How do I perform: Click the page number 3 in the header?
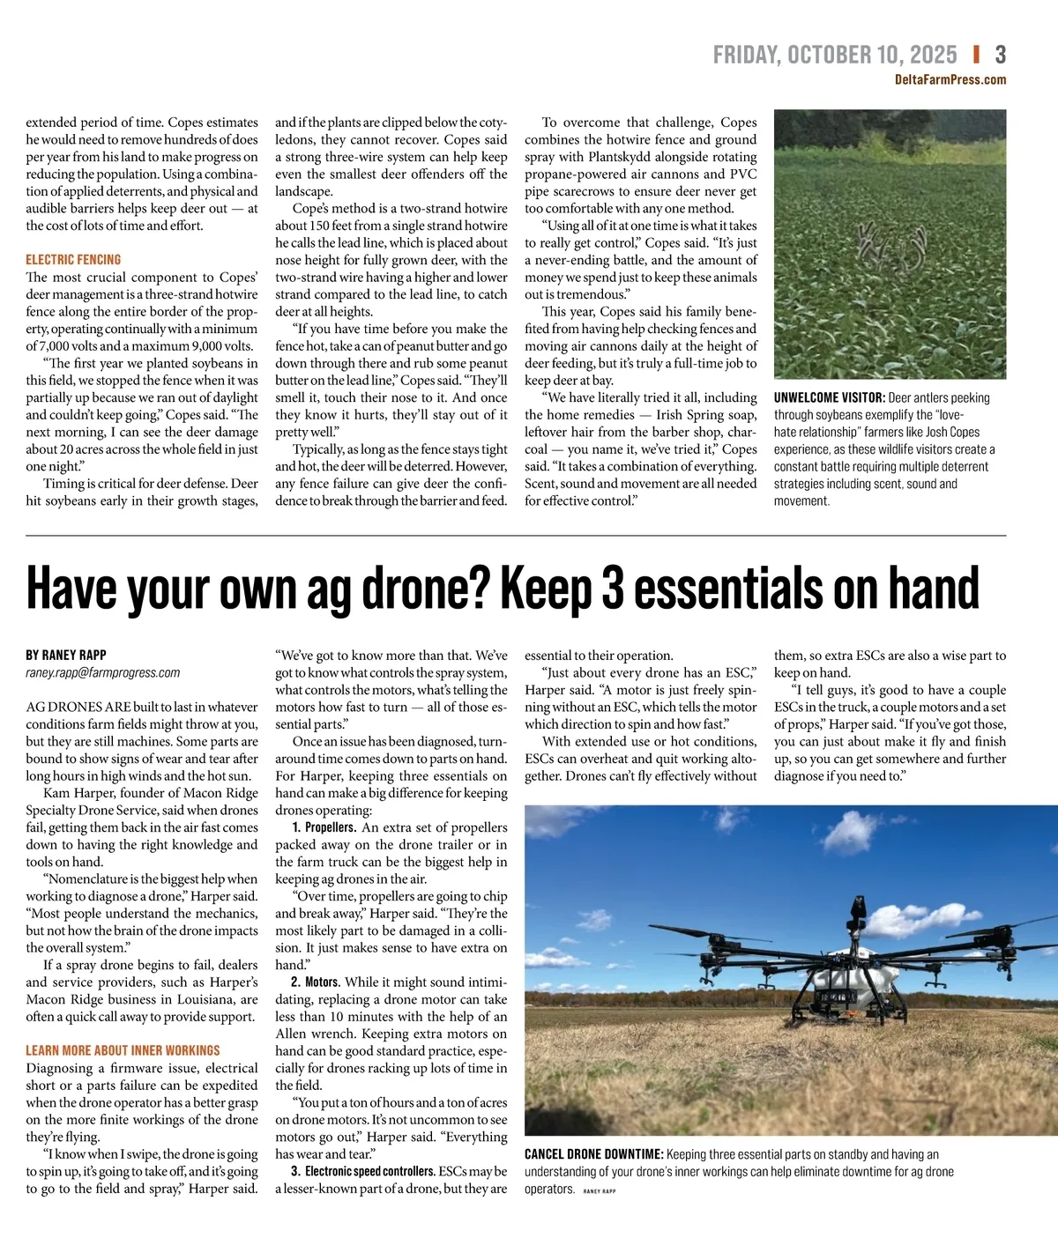[1000, 56]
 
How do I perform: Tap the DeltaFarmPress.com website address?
[950, 80]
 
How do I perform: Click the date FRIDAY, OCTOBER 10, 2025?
[834, 56]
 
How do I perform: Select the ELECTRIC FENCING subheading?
[73, 260]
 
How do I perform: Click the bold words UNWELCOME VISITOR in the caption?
[829, 398]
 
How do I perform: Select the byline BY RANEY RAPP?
[66, 656]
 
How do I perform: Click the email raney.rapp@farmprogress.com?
[102, 673]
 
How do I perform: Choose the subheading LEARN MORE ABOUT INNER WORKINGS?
[123, 1051]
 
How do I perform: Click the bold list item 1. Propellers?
[324, 828]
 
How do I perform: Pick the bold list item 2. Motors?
[316, 982]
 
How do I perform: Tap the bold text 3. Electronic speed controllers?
[362, 1172]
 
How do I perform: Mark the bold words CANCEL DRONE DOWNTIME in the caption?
[593, 1154]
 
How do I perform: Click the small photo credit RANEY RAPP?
[600, 1190]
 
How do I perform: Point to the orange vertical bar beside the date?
[976, 55]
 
